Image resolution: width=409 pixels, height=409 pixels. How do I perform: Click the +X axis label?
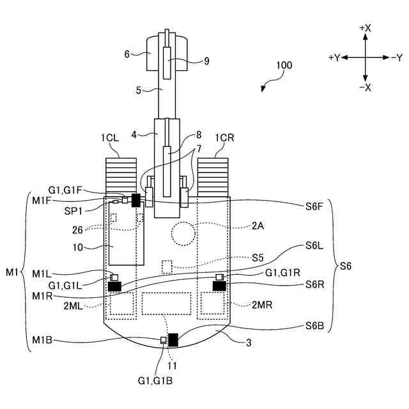point(365,28)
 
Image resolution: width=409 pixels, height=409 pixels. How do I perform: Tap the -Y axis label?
point(397,58)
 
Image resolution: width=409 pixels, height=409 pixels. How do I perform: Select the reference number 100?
point(284,65)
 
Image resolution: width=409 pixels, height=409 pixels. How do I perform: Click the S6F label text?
point(314,206)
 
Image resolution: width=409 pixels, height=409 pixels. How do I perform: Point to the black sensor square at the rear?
point(173,340)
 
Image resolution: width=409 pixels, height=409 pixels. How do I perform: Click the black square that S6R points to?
point(219,286)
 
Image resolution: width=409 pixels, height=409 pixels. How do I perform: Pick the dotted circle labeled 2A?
point(183,234)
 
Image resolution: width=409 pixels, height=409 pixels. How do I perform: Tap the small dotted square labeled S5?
point(167,267)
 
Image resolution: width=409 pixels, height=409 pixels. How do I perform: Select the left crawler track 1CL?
point(121,178)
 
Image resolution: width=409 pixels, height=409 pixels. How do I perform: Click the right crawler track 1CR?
point(213,178)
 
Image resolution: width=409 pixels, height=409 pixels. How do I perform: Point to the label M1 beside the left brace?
point(12,272)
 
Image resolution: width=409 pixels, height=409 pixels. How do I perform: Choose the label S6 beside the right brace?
point(346,266)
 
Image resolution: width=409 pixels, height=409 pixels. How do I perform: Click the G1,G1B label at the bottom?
point(155,381)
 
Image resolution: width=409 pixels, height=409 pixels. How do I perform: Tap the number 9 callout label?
point(206,61)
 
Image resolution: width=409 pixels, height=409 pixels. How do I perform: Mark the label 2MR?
point(262,305)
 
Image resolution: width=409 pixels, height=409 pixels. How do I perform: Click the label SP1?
point(73,211)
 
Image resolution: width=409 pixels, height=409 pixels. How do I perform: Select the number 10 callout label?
point(78,247)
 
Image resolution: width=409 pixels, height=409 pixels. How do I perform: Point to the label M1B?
point(42,340)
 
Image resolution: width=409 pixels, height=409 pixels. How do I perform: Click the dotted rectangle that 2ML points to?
point(121,304)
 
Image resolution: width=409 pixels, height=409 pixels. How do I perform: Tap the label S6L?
point(314,245)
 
